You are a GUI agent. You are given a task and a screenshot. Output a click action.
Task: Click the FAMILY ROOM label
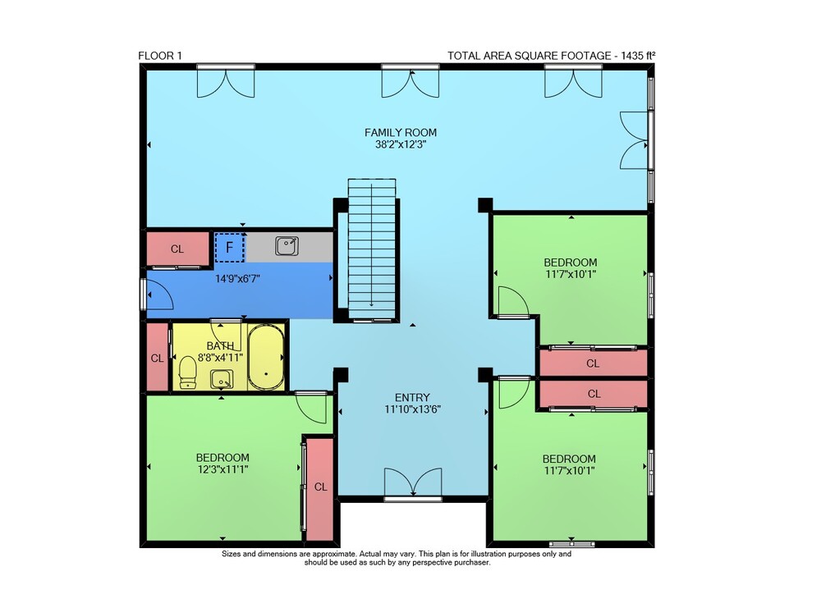(x=401, y=132)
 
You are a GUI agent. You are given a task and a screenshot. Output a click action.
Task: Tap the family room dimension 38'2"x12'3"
(x=401, y=144)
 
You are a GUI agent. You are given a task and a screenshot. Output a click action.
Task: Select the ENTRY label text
(x=413, y=397)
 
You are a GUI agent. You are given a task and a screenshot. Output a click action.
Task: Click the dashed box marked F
(x=229, y=248)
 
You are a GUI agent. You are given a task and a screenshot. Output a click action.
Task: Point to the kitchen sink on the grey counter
(x=287, y=246)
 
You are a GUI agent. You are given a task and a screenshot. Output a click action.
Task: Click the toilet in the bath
(x=187, y=372)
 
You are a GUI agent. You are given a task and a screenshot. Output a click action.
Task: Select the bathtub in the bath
(x=266, y=357)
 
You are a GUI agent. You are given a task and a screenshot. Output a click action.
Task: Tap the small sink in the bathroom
(x=222, y=380)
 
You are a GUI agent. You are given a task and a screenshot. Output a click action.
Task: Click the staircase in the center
(x=372, y=249)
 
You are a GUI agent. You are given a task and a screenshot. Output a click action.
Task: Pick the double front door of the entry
(x=413, y=482)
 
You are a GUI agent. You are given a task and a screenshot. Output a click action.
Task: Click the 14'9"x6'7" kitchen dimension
(x=238, y=279)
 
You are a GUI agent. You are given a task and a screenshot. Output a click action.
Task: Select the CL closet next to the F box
(x=177, y=249)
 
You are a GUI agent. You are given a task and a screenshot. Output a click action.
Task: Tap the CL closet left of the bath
(x=157, y=358)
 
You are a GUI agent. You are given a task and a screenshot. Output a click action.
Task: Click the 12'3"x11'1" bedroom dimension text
(x=223, y=469)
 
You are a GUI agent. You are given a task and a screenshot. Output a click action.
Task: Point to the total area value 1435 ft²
(x=638, y=56)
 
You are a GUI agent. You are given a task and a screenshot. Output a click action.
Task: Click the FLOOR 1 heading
(x=160, y=56)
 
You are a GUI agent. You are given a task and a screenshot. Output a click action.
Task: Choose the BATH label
(x=220, y=346)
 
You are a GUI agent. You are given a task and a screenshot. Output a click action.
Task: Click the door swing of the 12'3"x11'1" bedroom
(x=312, y=407)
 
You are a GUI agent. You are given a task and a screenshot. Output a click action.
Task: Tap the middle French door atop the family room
(x=410, y=82)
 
